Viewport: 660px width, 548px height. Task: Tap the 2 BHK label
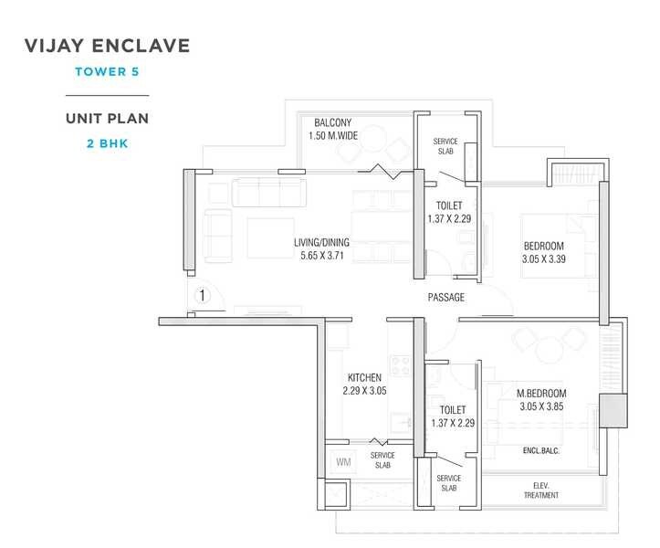pyautogui.click(x=107, y=142)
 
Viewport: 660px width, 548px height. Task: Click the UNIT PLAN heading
pyautogui.click(x=107, y=119)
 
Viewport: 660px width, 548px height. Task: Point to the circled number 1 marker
pyautogui.click(x=203, y=295)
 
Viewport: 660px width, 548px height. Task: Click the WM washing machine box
pyautogui.click(x=343, y=462)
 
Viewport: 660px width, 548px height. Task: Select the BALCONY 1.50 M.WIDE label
pyautogui.click(x=332, y=129)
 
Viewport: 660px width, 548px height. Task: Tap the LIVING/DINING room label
pyautogui.click(x=321, y=248)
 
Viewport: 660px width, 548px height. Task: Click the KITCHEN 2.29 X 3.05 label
pyautogui.click(x=364, y=384)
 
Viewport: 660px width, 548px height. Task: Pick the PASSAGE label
pyautogui.click(x=446, y=297)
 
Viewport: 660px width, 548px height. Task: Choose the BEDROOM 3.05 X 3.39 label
pyautogui.click(x=543, y=252)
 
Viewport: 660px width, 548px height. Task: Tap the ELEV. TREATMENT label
pyautogui.click(x=541, y=490)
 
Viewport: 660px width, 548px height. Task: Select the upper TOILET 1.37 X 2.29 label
pyautogui.click(x=449, y=212)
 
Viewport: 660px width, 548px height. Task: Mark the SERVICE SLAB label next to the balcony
pyautogui.click(x=445, y=147)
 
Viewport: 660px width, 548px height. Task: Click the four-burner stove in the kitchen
pyautogui.click(x=401, y=365)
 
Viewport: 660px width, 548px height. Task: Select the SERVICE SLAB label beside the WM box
pyautogui.click(x=382, y=459)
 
